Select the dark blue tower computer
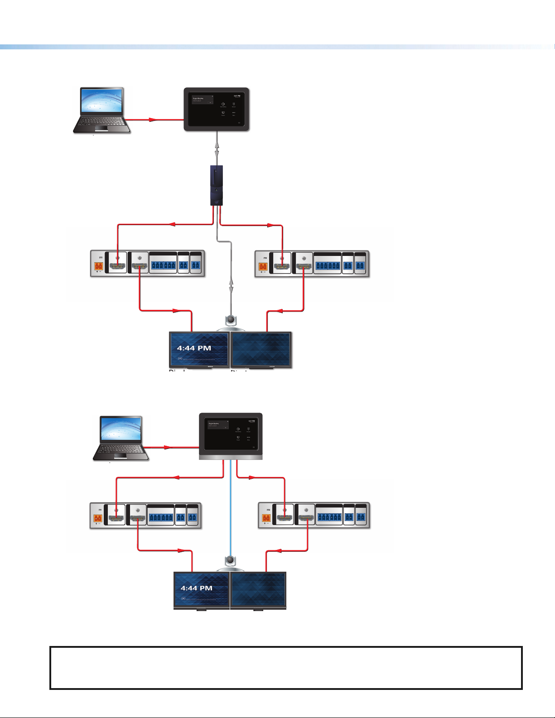tap(217, 185)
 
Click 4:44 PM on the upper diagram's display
tap(194, 348)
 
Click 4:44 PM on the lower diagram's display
tap(197, 588)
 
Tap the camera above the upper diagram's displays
tap(231, 320)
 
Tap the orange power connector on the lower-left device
tap(97, 517)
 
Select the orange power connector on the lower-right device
tap(266, 517)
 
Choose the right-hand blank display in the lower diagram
tap(258, 589)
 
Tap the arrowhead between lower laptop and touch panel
tap(167, 448)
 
